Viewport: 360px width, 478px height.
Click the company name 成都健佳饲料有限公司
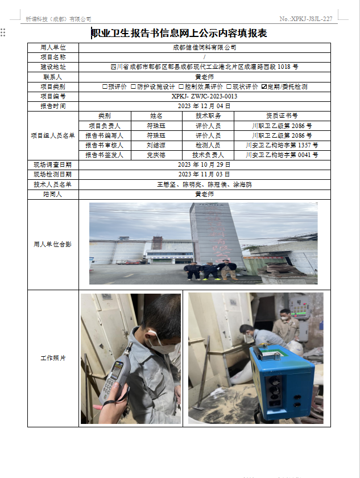coord(204,48)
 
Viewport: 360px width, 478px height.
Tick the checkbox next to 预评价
coord(105,86)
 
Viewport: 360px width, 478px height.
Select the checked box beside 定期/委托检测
coord(264,86)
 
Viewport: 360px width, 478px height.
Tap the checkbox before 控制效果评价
coord(181,86)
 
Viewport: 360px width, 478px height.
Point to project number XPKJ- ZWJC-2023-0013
coord(204,96)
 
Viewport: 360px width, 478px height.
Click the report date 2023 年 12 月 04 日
coord(204,106)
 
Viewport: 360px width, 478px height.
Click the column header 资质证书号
coord(282,116)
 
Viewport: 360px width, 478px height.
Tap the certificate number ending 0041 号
coord(282,155)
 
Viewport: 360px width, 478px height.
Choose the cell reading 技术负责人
coord(208,155)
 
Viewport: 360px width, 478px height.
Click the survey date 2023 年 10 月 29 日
coord(204,164)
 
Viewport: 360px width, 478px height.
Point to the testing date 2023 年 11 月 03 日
coord(204,174)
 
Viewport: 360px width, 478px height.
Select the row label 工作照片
coord(53,358)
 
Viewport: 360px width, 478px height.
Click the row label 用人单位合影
coord(53,244)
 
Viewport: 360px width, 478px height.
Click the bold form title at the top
coord(179,34)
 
